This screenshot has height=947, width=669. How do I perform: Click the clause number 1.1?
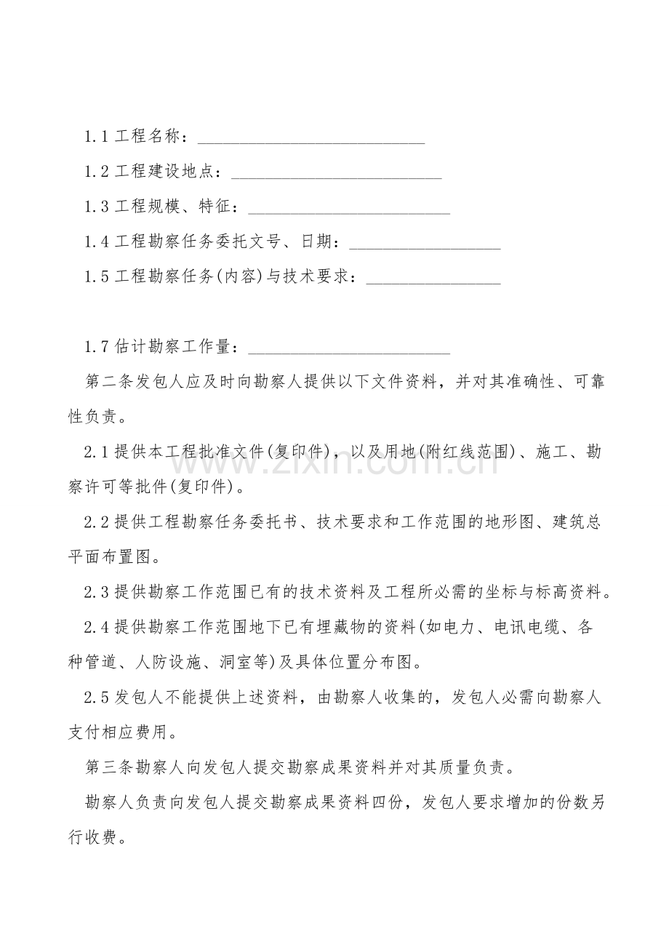(x=97, y=137)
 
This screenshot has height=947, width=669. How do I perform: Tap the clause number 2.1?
(x=97, y=452)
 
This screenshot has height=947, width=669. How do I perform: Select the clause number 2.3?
(x=97, y=593)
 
